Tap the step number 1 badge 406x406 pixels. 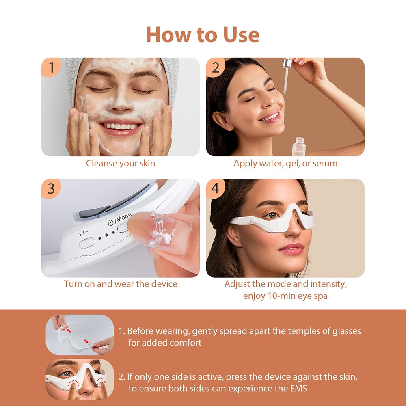51,67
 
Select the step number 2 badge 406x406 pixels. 216,67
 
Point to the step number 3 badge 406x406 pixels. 51,189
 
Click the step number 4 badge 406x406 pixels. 216,189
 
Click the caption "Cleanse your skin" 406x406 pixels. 120,164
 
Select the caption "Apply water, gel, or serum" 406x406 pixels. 285,164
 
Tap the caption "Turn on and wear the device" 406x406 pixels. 120,284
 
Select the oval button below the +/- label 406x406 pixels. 87,243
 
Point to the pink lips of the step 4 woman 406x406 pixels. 291,248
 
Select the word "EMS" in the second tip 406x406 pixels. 298,388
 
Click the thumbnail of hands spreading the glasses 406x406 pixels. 80,335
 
